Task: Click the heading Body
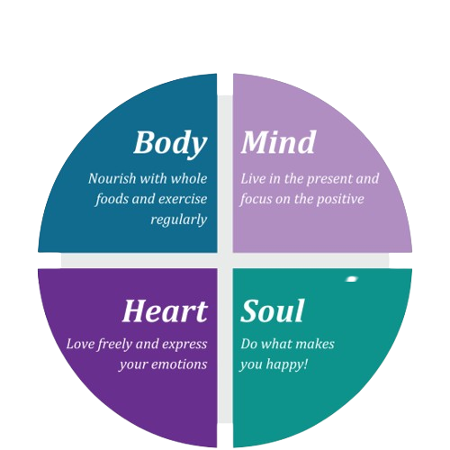pyautogui.click(x=170, y=143)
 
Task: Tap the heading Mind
pyautogui.click(x=278, y=142)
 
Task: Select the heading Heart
pyautogui.click(x=165, y=310)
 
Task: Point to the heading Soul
pyautogui.click(x=273, y=310)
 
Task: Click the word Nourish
pyautogui.click(x=112, y=178)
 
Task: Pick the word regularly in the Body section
pyautogui.click(x=179, y=220)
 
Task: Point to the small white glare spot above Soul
pyautogui.click(x=352, y=279)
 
